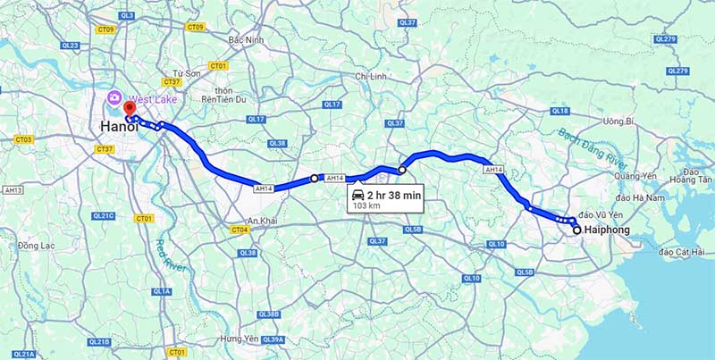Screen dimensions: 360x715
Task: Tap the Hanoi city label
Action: [x=118, y=128]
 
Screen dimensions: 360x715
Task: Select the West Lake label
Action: [x=154, y=98]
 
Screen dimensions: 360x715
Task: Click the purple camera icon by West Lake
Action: [x=114, y=97]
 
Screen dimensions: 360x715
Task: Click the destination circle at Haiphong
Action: [x=576, y=230]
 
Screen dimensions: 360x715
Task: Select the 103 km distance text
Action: [x=366, y=205]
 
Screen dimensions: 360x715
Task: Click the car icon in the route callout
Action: [x=358, y=194]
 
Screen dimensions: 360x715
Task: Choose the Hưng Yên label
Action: [x=240, y=339]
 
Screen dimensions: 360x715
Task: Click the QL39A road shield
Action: [x=273, y=339]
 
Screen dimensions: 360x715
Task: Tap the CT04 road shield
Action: [x=238, y=230]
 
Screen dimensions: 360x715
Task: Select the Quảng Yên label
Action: [x=636, y=176]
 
